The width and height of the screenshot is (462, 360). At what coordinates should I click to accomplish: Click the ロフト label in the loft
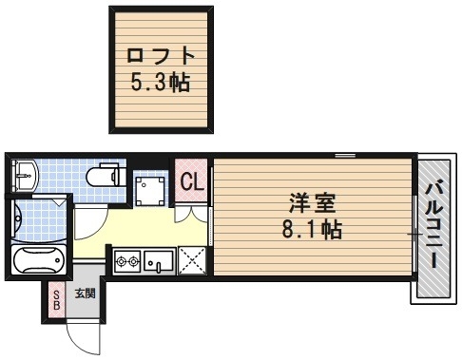159,55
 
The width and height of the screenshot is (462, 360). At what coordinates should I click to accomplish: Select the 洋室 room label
313,202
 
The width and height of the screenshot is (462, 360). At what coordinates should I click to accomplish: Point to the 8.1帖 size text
313,229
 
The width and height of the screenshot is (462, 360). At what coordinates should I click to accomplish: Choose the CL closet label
190,180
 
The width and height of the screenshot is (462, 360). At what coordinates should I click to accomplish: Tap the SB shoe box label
56,301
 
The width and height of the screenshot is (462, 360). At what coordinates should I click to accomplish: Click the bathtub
36,260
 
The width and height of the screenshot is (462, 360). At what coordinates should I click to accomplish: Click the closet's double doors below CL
191,211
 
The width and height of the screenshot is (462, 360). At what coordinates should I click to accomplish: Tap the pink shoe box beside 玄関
56,301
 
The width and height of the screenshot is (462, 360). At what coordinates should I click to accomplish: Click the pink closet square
190,180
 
